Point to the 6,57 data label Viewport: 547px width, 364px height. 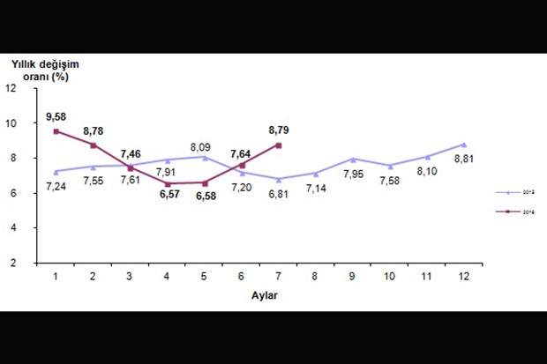[x=168, y=196]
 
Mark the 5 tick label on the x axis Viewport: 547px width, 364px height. [x=206, y=278]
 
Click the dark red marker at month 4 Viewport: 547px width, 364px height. [x=169, y=183]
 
